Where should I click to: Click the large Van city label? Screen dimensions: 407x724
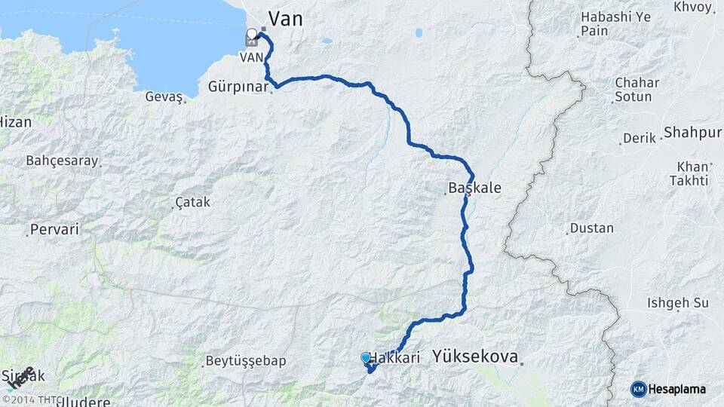286,18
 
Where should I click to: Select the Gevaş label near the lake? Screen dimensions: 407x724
165,97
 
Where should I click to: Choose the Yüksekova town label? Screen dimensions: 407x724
476,357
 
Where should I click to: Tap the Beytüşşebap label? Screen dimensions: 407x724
246,361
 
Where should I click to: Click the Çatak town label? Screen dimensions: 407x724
192,203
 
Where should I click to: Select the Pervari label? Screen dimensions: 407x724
54,229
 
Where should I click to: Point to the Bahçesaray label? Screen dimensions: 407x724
62,161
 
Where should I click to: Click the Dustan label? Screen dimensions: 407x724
592,228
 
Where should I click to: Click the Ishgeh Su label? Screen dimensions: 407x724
678,303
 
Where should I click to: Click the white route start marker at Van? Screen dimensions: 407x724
252,35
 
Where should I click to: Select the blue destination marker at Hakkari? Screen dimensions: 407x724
366,358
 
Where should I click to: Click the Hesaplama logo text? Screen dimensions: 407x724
678,389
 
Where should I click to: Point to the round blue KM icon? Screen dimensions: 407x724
639,389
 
